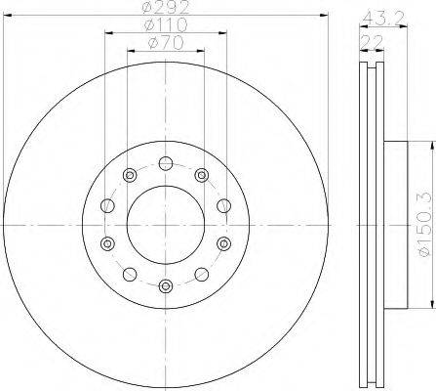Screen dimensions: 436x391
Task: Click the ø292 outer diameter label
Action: pos(166,7)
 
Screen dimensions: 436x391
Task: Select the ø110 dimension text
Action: pos(166,24)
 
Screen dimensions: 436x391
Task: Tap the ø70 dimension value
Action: pos(166,43)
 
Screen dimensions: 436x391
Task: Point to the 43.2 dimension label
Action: pos(383,19)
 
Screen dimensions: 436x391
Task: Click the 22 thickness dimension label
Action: pos(373,42)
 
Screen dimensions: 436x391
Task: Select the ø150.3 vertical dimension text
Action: pos(426,225)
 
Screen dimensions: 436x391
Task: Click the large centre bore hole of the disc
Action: pos(166,225)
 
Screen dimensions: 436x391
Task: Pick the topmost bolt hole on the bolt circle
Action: pos(166,163)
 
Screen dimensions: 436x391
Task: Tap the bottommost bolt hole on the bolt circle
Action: pos(166,286)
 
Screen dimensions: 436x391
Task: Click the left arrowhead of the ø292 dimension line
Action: pos(7,15)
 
